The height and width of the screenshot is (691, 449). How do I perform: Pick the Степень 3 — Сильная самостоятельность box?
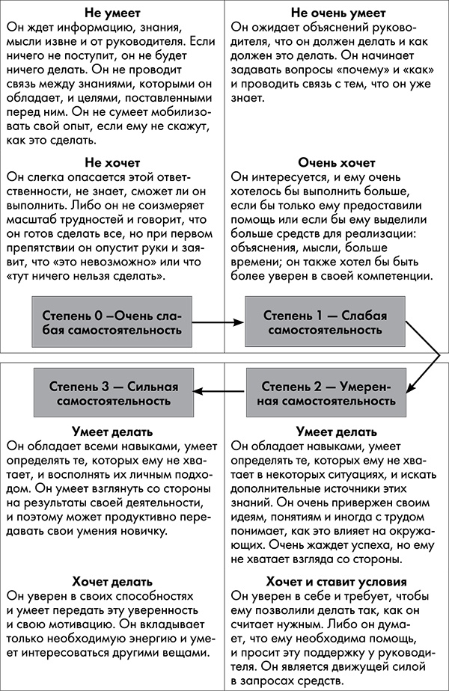(x=112, y=393)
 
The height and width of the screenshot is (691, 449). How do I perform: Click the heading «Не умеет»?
(x=112, y=13)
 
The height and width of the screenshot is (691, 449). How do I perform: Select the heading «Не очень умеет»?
(x=336, y=13)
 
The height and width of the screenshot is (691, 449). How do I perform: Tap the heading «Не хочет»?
(x=112, y=162)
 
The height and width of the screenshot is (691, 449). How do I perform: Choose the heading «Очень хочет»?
(x=336, y=162)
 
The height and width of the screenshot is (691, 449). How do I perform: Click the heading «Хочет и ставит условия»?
(x=336, y=581)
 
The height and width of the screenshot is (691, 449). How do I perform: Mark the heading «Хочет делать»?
(x=112, y=581)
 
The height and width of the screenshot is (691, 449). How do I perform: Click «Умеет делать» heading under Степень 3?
(x=112, y=432)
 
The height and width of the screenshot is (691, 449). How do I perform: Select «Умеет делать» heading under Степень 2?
(x=336, y=432)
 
